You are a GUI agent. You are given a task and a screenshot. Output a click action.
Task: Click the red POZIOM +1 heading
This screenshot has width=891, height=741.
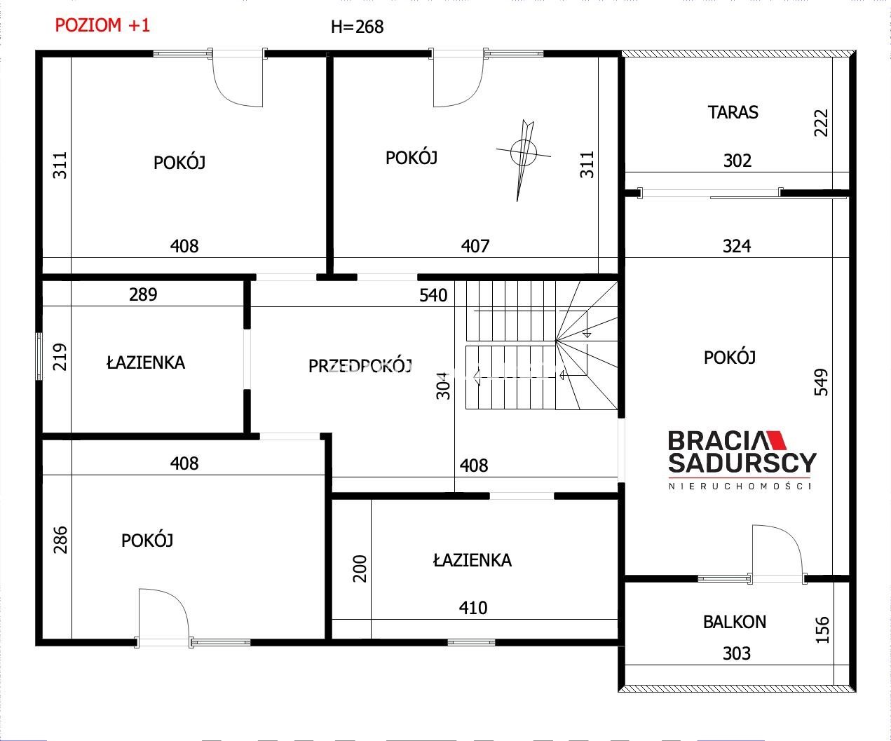click(x=102, y=26)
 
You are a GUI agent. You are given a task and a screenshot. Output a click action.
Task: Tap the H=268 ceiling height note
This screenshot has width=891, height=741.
click(x=357, y=27)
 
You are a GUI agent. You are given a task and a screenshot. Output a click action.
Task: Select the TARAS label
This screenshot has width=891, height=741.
click(x=733, y=112)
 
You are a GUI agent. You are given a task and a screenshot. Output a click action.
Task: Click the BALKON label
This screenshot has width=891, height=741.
click(x=735, y=622)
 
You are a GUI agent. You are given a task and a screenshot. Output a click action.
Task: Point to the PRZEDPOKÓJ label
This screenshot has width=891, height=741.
click(x=360, y=366)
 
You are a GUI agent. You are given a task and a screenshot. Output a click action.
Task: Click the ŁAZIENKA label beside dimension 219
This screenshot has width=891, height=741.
click(x=146, y=362)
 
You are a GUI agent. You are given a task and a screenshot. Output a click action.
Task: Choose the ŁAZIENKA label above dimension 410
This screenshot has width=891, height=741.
click(x=472, y=560)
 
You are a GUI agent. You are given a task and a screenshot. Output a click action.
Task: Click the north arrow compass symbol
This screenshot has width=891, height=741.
click(x=524, y=158)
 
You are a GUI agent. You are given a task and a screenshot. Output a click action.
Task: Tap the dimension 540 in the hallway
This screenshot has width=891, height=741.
click(x=433, y=295)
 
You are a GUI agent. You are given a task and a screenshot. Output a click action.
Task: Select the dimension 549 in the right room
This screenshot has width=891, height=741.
click(x=822, y=382)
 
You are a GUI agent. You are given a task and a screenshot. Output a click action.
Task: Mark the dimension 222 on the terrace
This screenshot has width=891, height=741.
click(x=822, y=123)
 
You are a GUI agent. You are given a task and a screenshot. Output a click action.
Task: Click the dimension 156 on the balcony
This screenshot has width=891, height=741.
click(x=822, y=630)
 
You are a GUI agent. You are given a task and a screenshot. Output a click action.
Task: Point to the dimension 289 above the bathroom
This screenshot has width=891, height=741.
click(x=143, y=294)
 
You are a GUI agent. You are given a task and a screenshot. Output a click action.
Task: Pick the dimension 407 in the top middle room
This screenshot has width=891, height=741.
click(x=475, y=246)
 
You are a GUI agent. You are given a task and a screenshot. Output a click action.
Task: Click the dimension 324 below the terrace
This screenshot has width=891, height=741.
click(x=737, y=246)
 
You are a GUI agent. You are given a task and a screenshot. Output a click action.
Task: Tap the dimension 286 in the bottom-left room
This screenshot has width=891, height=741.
click(x=60, y=540)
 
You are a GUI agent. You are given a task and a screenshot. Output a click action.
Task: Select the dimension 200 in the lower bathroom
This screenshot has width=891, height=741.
click(x=360, y=569)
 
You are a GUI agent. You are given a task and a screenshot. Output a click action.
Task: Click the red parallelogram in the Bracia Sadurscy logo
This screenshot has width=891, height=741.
click(x=775, y=440)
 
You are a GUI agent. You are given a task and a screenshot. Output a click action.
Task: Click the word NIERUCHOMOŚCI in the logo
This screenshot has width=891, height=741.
click(x=740, y=486)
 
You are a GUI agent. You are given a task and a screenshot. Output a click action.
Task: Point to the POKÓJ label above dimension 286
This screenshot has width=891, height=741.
click(x=147, y=541)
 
